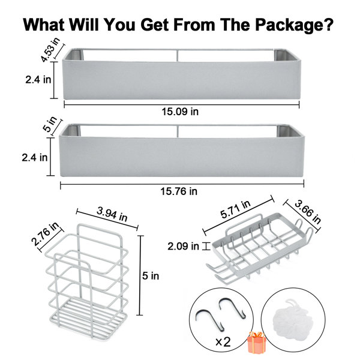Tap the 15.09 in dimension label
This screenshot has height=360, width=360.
pos(180,112)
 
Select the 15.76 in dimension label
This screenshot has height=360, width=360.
pos(179,191)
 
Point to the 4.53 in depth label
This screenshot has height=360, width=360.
pos(50,50)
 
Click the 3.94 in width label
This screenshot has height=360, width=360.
pos(112,214)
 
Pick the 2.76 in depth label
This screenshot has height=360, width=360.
pos(45,234)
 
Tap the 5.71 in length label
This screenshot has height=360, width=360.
pos(235,209)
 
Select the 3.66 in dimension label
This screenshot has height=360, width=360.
pos(308,212)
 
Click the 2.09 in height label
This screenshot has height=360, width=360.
pos(183,247)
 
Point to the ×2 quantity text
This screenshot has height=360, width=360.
pos(223,342)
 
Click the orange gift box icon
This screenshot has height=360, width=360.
pos(257,342)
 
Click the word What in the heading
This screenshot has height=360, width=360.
pos(44,25)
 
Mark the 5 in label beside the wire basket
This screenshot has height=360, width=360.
pos(151,276)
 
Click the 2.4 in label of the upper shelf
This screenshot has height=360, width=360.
pos(38,80)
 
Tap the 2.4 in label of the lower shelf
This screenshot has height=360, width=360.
pos(34,158)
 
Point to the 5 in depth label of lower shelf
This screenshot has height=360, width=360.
pos(50,124)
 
